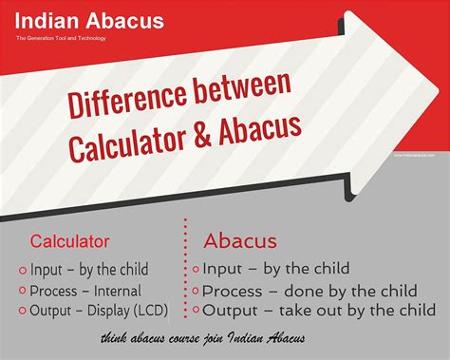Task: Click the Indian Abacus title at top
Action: (89, 21)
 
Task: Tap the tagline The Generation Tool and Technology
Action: (61, 38)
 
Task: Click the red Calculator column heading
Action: (69, 241)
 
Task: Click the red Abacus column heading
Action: (240, 240)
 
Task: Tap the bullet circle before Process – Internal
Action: (21, 291)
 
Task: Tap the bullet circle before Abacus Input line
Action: (197, 270)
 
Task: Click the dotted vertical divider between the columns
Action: (183, 271)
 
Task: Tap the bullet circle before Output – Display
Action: (21, 310)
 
